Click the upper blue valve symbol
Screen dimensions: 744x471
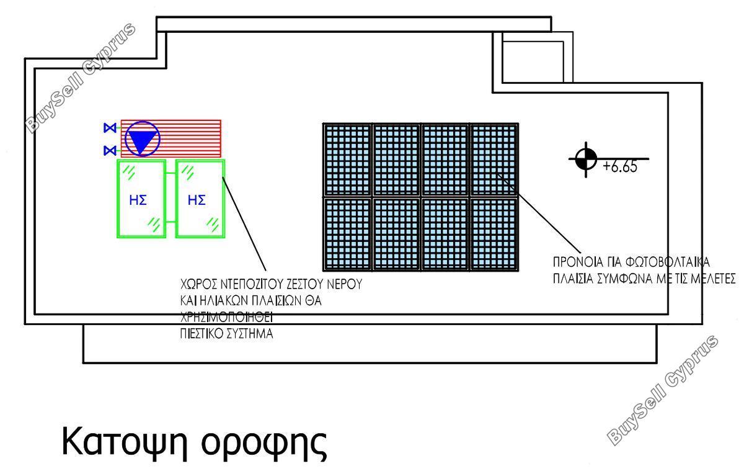[x=110, y=128]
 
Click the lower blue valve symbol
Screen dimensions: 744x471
[x=110, y=151]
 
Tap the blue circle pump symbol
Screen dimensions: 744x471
[x=143, y=138]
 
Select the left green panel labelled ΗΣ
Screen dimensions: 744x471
[x=141, y=199]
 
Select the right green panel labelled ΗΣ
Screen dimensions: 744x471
[x=200, y=199]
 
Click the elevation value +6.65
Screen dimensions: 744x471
[x=620, y=166]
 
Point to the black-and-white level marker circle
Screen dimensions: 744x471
[x=586, y=159]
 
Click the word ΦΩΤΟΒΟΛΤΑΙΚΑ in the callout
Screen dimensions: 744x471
[x=667, y=262]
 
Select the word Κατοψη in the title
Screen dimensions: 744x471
[x=128, y=443]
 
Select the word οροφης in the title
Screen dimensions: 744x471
[x=264, y=446]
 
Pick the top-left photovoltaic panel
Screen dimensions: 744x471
[x=347, y=160]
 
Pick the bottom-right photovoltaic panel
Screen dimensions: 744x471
[x=494, y=235]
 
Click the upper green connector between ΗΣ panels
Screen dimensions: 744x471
[x=170, y=173]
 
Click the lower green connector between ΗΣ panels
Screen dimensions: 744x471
[x=170, y=222]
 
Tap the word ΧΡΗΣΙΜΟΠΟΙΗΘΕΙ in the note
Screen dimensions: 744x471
[x=226, y=318]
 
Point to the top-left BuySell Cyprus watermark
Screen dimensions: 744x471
[x=81, y=78]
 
